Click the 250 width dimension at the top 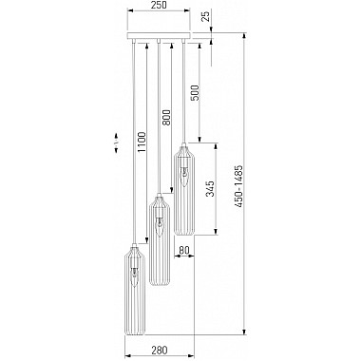pos(159,7)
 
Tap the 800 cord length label pos(166,118)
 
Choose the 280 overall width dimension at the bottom pos(159,347)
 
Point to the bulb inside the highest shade pos(182,176)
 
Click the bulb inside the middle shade pos(159,224)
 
